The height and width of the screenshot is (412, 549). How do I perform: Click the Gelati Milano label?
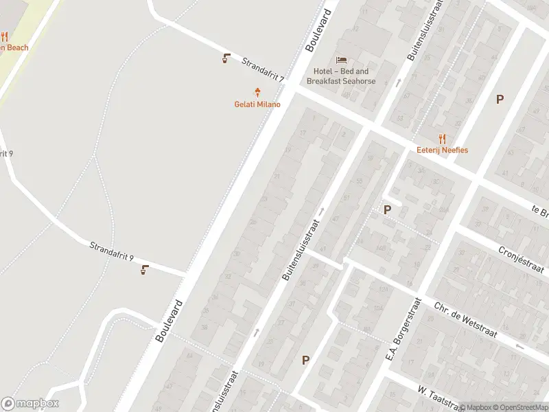pyautogui.click(x=259, y=104)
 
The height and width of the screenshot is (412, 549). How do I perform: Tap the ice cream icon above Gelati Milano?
pyautogui.click(x=258, y=92)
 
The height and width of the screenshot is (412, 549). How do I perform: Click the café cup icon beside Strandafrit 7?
pyautogui.click(x=226, y=58)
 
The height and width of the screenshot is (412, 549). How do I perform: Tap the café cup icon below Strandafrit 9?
pyautogui.click(x=144, y=269)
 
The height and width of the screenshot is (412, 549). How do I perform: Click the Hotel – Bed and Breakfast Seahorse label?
pyautogui.click(x=341, y=76)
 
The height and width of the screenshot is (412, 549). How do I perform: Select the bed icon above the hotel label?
pyautogui.click(x=341, y=59)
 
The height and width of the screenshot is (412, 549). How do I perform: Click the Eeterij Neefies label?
pyautogui.click(x=442, y=150)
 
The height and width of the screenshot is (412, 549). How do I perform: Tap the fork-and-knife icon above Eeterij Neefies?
pyautogui.click(x=442, y=138)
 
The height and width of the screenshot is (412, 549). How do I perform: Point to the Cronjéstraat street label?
pyautogui.click(x=520, y=260)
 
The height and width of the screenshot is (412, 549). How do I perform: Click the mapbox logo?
pyautogui.click(x=30, y=404)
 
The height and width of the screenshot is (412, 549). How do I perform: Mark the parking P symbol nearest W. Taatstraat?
pyautogui.click(x=305, y=359)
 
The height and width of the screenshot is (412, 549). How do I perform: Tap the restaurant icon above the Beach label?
pyautogui.click(x=4, y=36)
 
